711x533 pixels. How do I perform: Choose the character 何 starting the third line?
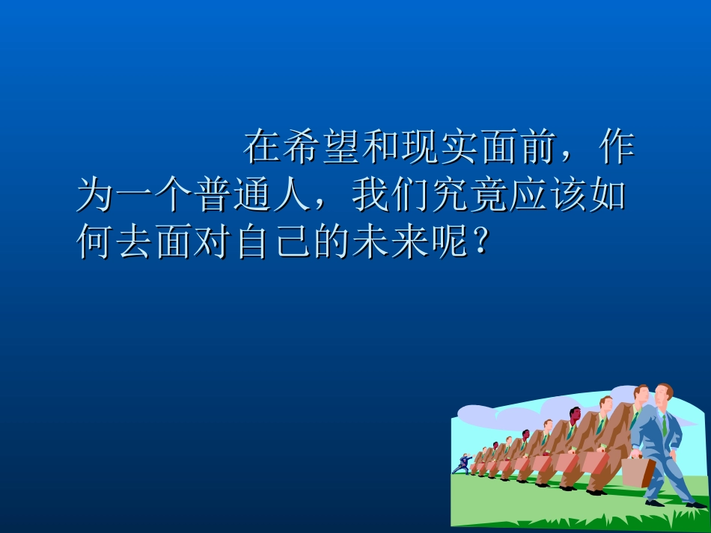click(x=96, y=244)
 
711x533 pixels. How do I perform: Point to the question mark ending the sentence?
click(x=483, y=244)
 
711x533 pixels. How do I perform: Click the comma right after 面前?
click(x=568, y=158)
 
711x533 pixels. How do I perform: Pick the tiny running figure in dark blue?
click(x=462, y=464)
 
